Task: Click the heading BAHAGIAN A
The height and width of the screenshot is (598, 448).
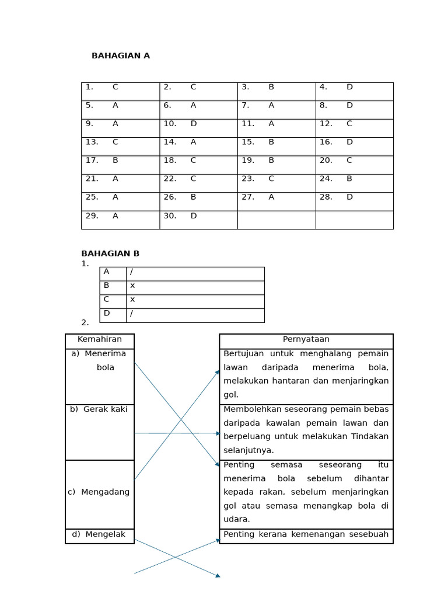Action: [121, 56]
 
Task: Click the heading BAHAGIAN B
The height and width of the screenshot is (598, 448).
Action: [110, 253]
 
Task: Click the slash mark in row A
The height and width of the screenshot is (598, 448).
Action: [132, 272]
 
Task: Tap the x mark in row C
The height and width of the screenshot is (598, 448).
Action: [132, 299]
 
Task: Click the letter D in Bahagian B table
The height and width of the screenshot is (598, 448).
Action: [107, 313]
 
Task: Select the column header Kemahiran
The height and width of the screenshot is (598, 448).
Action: [100, 339]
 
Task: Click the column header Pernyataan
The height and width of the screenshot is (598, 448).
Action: [306, 339]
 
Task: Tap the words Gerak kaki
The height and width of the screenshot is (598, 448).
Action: [105, 409]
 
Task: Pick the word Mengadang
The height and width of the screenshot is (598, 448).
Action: [105, 492]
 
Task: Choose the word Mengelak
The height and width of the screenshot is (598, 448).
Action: [105, 534]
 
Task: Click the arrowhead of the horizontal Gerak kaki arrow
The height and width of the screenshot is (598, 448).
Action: [218, 433]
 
